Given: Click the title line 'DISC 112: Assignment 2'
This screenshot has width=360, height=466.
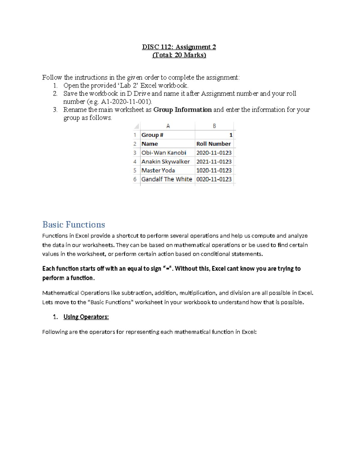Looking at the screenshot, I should [179, 47].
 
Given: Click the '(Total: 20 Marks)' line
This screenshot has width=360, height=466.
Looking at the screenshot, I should [179, 55].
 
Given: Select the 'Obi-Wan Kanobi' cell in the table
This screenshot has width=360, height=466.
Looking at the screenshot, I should [164, 153].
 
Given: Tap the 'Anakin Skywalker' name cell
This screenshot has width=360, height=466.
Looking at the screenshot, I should [166, 161].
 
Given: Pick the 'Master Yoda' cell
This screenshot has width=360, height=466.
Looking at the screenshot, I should [158, 170].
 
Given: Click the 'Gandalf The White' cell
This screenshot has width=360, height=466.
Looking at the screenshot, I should [166, 179].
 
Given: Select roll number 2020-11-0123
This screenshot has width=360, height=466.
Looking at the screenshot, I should [214, 153].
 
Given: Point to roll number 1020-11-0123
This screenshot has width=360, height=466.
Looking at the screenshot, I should [214, 170].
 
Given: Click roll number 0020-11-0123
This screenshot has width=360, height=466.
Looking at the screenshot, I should [214, 179].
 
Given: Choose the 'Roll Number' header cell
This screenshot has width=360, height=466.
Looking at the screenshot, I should [214, 144].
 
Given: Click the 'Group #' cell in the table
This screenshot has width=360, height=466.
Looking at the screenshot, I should [152, 135].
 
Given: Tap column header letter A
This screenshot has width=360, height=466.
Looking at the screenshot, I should [168, 126].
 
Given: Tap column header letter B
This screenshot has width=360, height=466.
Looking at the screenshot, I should [214, 126].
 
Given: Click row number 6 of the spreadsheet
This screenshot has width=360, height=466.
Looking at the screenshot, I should [135, 179].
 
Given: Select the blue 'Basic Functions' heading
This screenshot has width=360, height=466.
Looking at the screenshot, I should [74, 224].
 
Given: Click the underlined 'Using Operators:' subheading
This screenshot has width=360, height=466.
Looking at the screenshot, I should [86, 317].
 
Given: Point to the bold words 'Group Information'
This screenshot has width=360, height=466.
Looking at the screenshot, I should [182, 110].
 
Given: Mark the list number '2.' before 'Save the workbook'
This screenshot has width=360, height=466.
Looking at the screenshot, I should [55, 93].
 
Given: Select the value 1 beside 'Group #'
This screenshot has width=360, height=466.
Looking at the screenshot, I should [231, 135].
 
